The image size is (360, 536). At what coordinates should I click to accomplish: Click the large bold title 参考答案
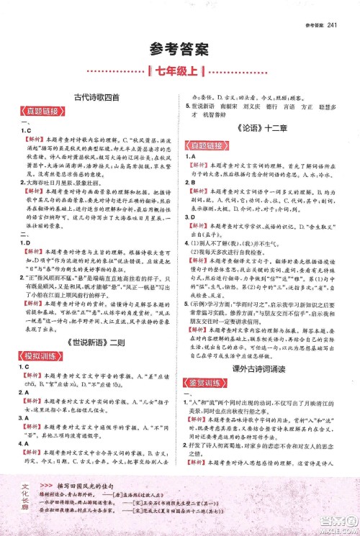pyautogui.click(x=179, y=49)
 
